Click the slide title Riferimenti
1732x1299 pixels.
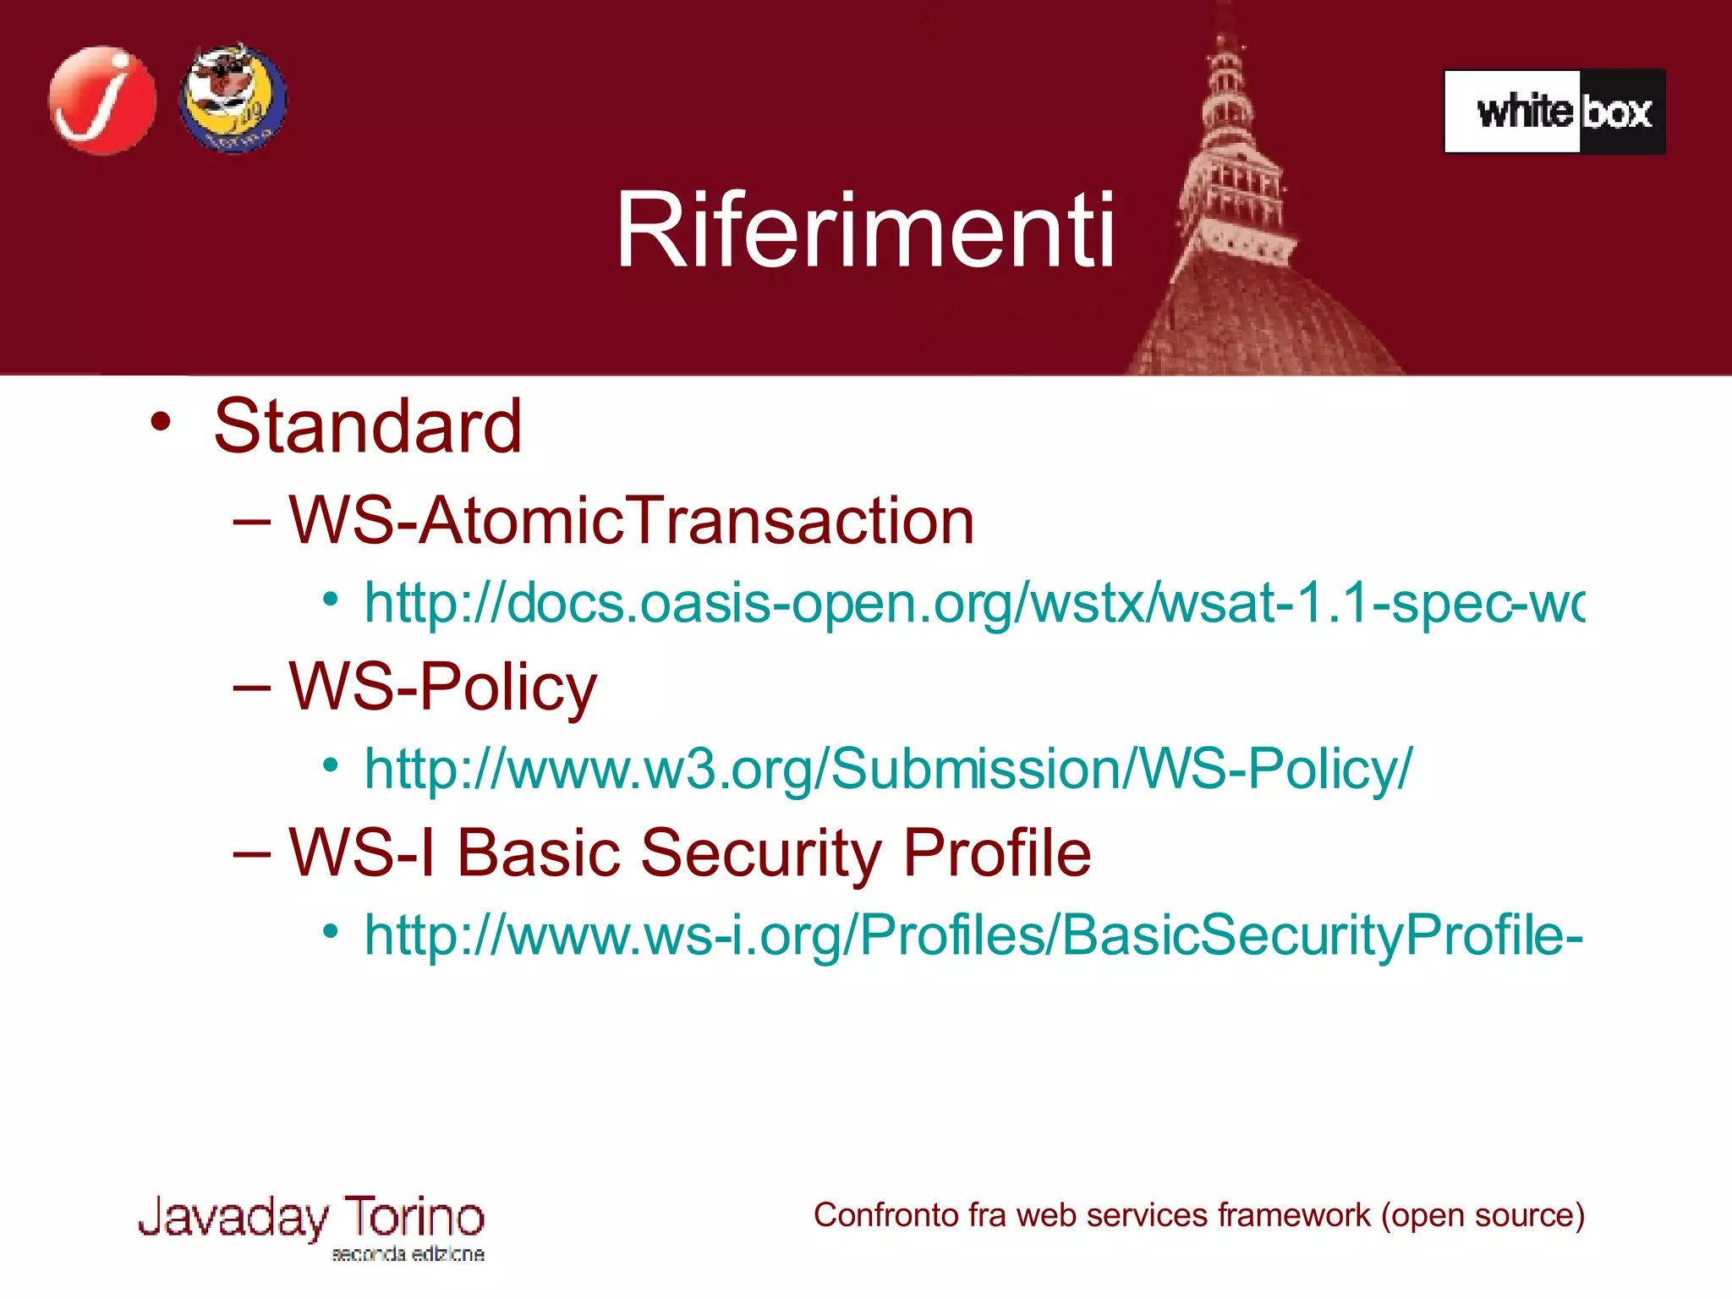point(865,230)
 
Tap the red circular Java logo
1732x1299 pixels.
point(102,101)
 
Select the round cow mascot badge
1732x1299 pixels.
point(233,99)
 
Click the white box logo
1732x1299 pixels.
point(1554,112)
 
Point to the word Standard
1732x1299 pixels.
point(368,426)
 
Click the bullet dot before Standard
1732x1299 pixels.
point(161,421)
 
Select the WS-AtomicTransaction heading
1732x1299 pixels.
point(631,521)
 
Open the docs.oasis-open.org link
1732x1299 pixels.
point(973,604)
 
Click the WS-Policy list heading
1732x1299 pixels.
point(442,687)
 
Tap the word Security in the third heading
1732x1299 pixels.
point(759,852)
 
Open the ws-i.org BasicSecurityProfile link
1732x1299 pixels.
point(973,935)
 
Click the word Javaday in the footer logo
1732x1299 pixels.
point(233,1218)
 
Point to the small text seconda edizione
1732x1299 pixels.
point(408,1254)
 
